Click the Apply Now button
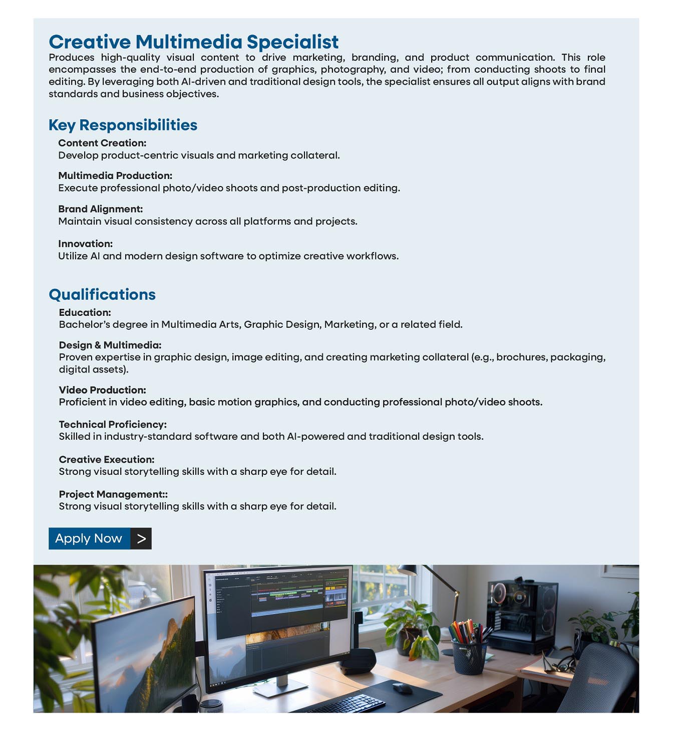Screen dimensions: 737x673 click(x=89, y=538)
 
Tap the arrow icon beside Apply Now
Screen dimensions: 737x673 click(x=141, y=538)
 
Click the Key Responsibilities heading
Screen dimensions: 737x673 click(x=123, y=125)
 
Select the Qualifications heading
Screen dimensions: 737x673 click(x=102, y=294)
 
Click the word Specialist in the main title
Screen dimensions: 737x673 click(x=292, y=42)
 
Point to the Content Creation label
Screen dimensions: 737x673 click(x=102, y=143)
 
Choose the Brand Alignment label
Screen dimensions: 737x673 click(x=100, y=209)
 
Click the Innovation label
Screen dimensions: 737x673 click(x=85, y=244)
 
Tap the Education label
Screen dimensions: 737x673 click(x=85, y=313)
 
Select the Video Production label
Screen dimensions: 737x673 click(x=102, y=390)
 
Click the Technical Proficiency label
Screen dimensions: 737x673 click(x=113, y=425)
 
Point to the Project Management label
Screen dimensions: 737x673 click(x=113, y=494)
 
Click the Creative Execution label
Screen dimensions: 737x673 click(x=106, y=460)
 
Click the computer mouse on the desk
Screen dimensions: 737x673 click(x=402, y=688)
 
